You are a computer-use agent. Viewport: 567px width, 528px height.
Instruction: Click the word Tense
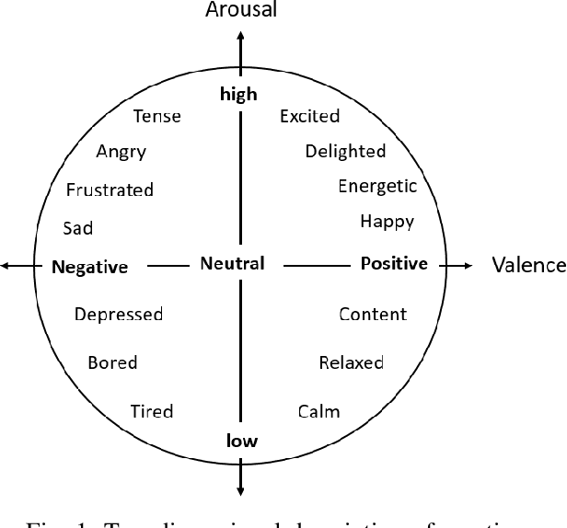pyautogui.click(x=156, y=117)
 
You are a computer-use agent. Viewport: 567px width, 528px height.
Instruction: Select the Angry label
pyautogui.click(x=121, y=153)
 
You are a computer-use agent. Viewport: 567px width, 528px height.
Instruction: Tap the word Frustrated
pyautogui.click(x=110, y=190)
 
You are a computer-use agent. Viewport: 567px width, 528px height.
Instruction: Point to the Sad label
pyautogui.click(x=78, y=228)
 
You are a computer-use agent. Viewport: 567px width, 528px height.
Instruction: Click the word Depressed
pyautogui.click(x=119, y=315)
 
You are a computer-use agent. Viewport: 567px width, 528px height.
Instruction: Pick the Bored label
pyautogui.click(x=112, y=362)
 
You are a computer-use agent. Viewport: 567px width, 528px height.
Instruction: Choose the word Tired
pyautogui.click(x=152, y=411)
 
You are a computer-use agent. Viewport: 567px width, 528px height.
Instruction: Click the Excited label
pyautogui.click(x=309, y=116)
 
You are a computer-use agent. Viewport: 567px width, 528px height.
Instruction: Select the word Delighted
pyautogui.click(x=345, y=151)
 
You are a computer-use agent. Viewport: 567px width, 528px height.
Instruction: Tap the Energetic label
pyautogui.click(x=377, y=187)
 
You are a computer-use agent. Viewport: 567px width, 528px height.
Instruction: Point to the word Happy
pyautogui.click(x=387, y=221)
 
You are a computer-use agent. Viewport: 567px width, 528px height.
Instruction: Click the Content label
pyautogui.click(x=373, y=315)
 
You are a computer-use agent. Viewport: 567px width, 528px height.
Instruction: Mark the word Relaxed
pyautogui.click(x=351, y=362)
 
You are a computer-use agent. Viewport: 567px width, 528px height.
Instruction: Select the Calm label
pyautogui.click(x=318, y=411)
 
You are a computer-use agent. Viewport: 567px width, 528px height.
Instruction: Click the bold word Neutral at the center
pyautogui.click(x=232, y=264)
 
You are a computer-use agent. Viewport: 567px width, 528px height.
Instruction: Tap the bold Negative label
pyautogui.click(x=89, y=268)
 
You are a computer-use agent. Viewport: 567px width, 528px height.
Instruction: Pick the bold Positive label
pyautogui.click(x=394, y=264)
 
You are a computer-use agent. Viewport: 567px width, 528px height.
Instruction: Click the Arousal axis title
pyautogui.click(x=242, y=11)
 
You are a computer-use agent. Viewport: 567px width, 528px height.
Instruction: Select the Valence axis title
pyautogui.click(x=528, y=266)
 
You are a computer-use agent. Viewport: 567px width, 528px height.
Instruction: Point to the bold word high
pyautogui.click(x=238, y=94)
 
